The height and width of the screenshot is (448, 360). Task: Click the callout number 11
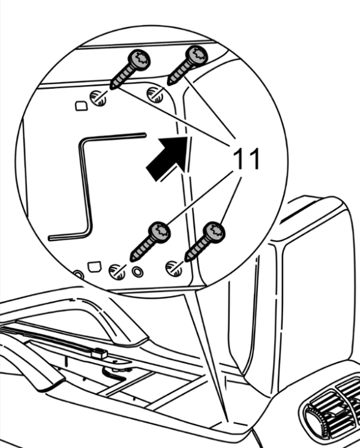[246, 159]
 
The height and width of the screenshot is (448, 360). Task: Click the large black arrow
[167, 158]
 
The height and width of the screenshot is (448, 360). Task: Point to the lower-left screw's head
[159, 231]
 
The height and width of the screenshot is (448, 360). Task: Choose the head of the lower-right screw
[214, 231]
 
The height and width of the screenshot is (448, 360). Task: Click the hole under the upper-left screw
[98, 98]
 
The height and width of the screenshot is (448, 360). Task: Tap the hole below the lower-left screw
[117, 272]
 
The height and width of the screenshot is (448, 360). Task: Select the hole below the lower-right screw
[174, 269]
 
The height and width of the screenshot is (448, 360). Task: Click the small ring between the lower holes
[137, 272]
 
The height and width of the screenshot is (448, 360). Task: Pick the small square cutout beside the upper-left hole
[81, 106]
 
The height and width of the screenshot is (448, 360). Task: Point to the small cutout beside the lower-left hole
[95, 266]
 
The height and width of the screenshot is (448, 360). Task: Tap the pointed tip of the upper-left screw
[111, 88]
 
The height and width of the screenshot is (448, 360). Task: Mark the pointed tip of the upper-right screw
[169, 83]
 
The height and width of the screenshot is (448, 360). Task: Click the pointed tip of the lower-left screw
[131, 260]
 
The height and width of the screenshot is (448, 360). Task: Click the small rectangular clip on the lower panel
[99, 353]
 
